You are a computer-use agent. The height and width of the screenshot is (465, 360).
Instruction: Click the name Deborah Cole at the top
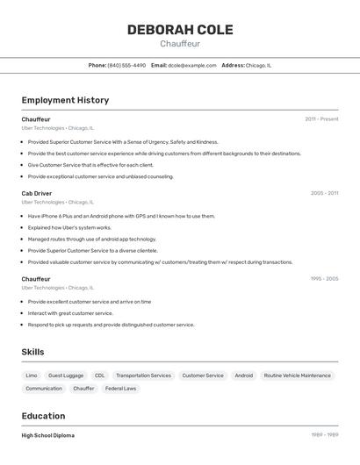tap(180, 30)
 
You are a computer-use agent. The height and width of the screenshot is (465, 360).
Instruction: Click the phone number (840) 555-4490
tap(126, 65)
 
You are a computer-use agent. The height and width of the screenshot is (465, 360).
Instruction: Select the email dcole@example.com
tap(191, 65)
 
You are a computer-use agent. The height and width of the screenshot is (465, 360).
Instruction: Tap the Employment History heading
tap(65, 100)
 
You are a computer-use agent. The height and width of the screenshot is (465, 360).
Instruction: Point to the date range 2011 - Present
tap(321, 119)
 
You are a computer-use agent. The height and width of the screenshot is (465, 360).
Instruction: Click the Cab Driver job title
tap(37, 193)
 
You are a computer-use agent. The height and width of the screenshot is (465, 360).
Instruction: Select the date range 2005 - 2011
tap(324, 193)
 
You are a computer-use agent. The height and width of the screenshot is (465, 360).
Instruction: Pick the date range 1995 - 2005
tap(324, 279)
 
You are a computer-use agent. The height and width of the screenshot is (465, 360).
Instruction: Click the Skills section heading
tap(33, 352)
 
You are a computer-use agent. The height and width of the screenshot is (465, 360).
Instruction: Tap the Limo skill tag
tap(32, 376)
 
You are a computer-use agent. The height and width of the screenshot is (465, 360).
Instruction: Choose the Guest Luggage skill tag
tap(66, 376)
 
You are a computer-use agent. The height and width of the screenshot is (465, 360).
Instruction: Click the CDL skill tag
tap(100, 376)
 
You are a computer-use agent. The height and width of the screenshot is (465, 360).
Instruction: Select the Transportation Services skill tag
tap(143, 376)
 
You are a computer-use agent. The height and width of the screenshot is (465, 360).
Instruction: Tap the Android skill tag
tap(243, 376)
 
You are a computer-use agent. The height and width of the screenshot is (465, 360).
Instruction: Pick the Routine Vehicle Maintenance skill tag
tap(297, 376)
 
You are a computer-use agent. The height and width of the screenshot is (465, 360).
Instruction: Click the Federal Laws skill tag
tap(120, 389)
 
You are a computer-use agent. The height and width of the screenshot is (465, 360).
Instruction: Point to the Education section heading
tap(43, 416)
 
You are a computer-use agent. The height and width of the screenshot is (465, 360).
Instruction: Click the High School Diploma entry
tap(47, 435)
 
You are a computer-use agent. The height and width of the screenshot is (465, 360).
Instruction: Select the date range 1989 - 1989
tap(324, 435)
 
